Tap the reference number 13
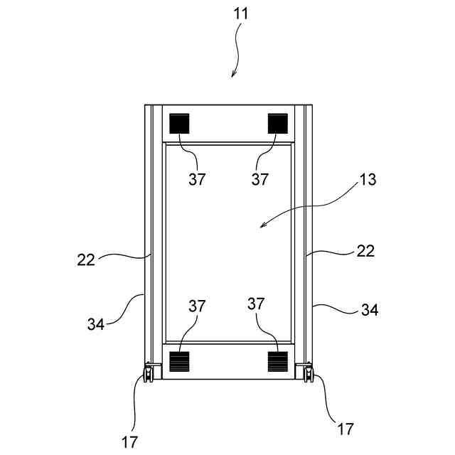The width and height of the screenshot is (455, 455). (x=367, y=179)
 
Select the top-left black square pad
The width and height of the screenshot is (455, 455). (x=180, y=124)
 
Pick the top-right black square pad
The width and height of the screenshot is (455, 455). (x=277, y=124)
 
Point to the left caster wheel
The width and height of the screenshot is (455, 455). (x=150, y=373)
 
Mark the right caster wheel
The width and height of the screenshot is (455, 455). (x=307, y=373)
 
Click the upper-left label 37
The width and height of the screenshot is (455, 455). (x=197, y=179)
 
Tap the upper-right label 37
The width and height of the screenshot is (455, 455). (x=260, y=179)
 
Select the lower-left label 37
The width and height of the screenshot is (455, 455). (x=197, y=306)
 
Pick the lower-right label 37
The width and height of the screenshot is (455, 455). (x=256, y=304)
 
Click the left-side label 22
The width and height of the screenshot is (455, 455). (x=86, y=259)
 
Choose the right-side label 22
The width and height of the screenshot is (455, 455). (x=365, y=251)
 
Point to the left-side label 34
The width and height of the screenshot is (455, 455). (x=96, y=324)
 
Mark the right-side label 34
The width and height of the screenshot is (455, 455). (x=370, y=310)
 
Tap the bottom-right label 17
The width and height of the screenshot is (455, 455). (x=345, y=429)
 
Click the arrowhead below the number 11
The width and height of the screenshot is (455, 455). (x=233, y=75)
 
